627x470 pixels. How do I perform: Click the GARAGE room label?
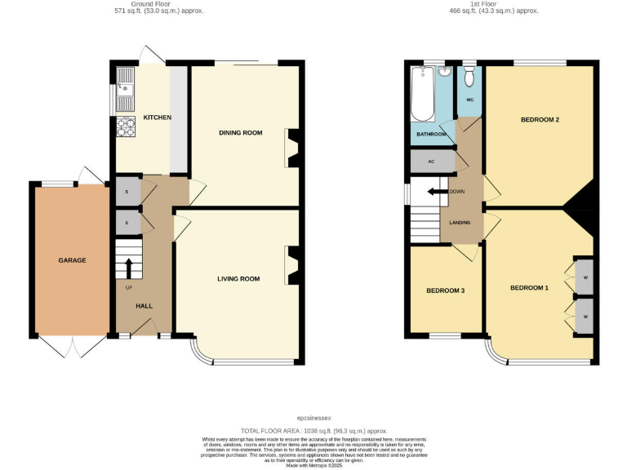72,260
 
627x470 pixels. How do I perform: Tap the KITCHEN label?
157,117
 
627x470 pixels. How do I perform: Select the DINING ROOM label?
240,132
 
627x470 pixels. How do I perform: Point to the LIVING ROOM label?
238,279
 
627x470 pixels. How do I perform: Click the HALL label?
144,306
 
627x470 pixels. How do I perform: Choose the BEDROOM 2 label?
540,120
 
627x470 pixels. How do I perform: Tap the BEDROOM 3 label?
446,290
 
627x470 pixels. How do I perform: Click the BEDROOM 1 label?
530,287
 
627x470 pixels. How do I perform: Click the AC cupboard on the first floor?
430,162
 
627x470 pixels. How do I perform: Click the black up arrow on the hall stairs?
128,268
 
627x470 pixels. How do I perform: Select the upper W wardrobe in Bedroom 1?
585,277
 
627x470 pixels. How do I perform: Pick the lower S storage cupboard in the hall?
127,222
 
